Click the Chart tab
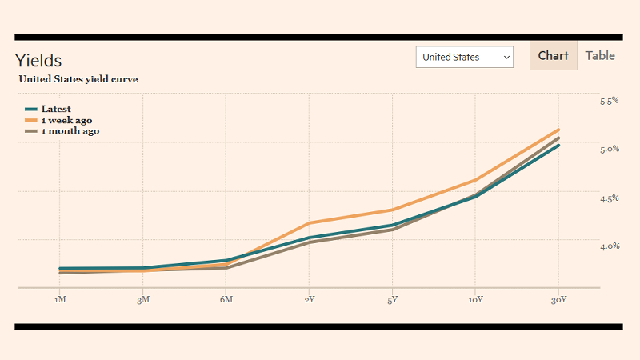tap(553, 55)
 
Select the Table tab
tap(600, 55)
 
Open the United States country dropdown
tap(465, 57)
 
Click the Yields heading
tap(38, 61)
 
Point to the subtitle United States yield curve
tap(78, 79)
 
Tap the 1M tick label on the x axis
tap(60, 299)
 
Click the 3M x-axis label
tap(143, 299)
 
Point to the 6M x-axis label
tap(226, 299)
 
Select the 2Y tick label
tap(310, 299)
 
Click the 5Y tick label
tap(392, 299)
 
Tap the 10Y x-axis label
tap(475, 299)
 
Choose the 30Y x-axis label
tap(558, 299)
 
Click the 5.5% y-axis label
tap(610, 101)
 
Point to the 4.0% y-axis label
tap(610, 246)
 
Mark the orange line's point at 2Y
tap(310, 223)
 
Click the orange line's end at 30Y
tap(558, 130)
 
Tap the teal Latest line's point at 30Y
tap(558, 146)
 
